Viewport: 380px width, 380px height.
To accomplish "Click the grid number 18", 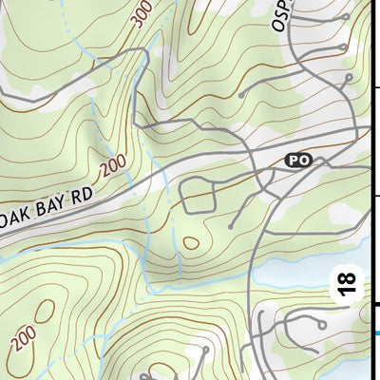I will (349, 284).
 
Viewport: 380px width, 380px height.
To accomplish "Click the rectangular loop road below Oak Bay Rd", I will (197, 197).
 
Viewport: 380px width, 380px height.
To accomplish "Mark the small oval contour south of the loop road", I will (191, 242).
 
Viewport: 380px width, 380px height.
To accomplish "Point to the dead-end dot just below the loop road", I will (231, 226).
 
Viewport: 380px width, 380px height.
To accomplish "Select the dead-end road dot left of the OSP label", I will (240, 95).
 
